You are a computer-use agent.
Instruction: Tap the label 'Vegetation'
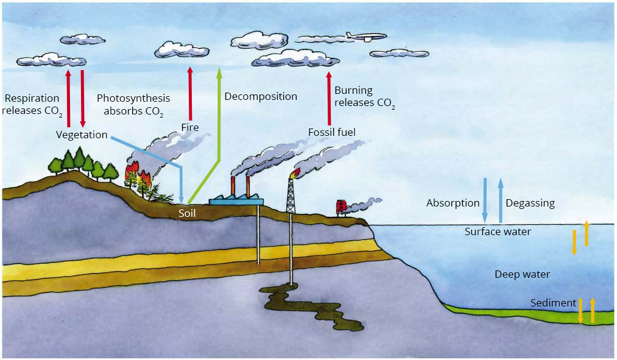(82, 135)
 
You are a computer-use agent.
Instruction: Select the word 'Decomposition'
(261, 96)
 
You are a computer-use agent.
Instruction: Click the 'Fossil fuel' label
(331, 132)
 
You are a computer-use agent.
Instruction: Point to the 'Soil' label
(187, 213)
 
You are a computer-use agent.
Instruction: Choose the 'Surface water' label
(498, 231)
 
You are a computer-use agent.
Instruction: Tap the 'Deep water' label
(522, 274)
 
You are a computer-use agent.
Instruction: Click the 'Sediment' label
(553, 303)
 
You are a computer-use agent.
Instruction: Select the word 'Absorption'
(453, 203)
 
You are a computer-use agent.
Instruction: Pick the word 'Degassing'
(530, 203)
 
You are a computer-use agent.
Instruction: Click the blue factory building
(236, 199)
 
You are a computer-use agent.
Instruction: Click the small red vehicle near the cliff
(342, 206)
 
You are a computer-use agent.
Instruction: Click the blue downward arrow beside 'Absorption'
(485, 200)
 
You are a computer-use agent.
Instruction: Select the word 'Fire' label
(190, 127)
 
